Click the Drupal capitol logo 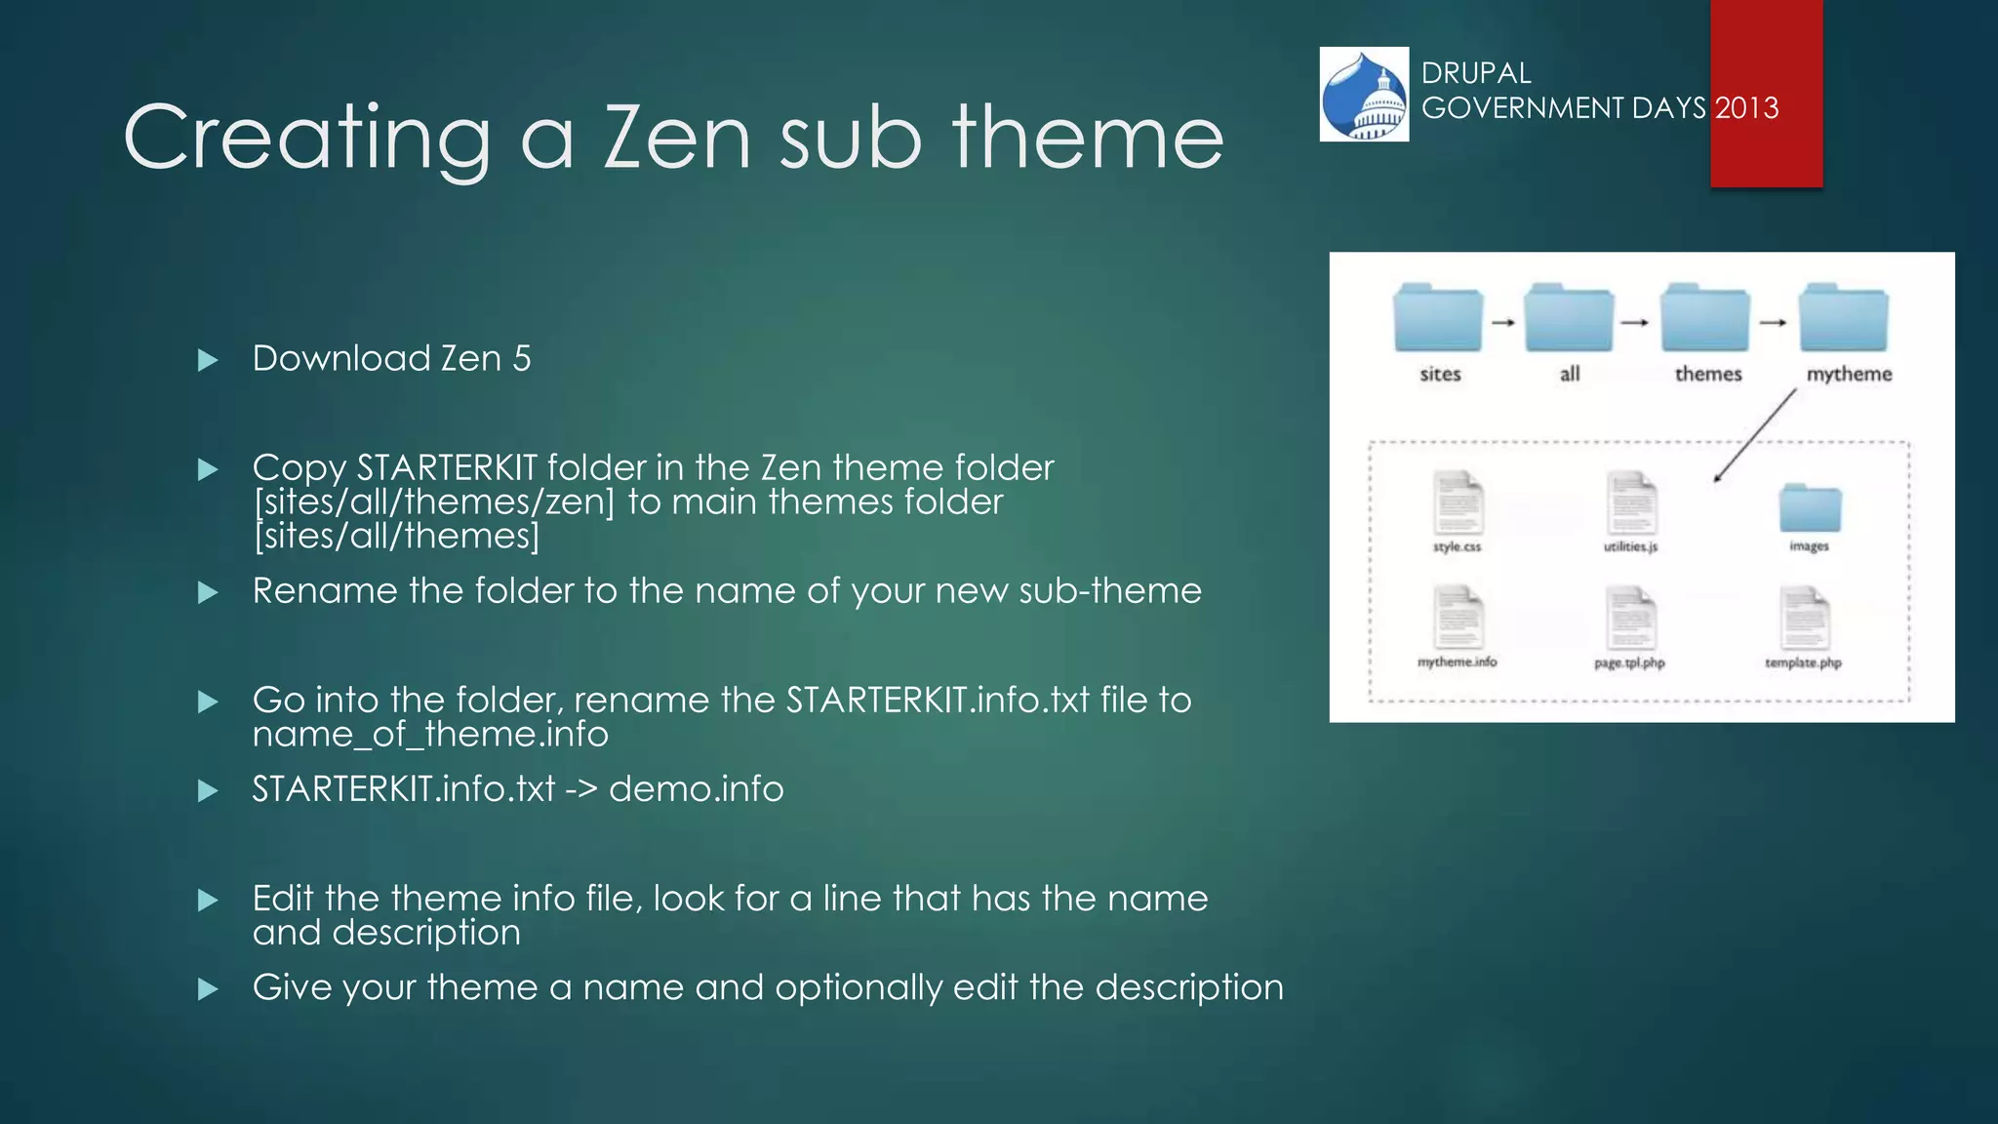(1364, 95)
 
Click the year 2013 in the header (1746, 108)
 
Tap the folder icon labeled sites (1438, 318)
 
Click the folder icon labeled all (1569, 318)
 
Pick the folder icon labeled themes (1705, 318)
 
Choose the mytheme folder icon (1844, 318)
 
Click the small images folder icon (1810, 507)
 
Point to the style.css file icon (1458, 503)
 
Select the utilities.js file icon (1631, 503)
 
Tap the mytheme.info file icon (1458, 619)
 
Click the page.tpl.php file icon (1630, 619)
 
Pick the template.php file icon (1804, 619)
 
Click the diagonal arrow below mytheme (1755, 435)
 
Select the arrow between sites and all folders (1503, 322)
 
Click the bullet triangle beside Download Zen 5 (207, 361)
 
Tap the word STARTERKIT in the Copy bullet (447, 468)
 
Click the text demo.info (696, 789)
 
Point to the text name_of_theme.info (429, 735)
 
